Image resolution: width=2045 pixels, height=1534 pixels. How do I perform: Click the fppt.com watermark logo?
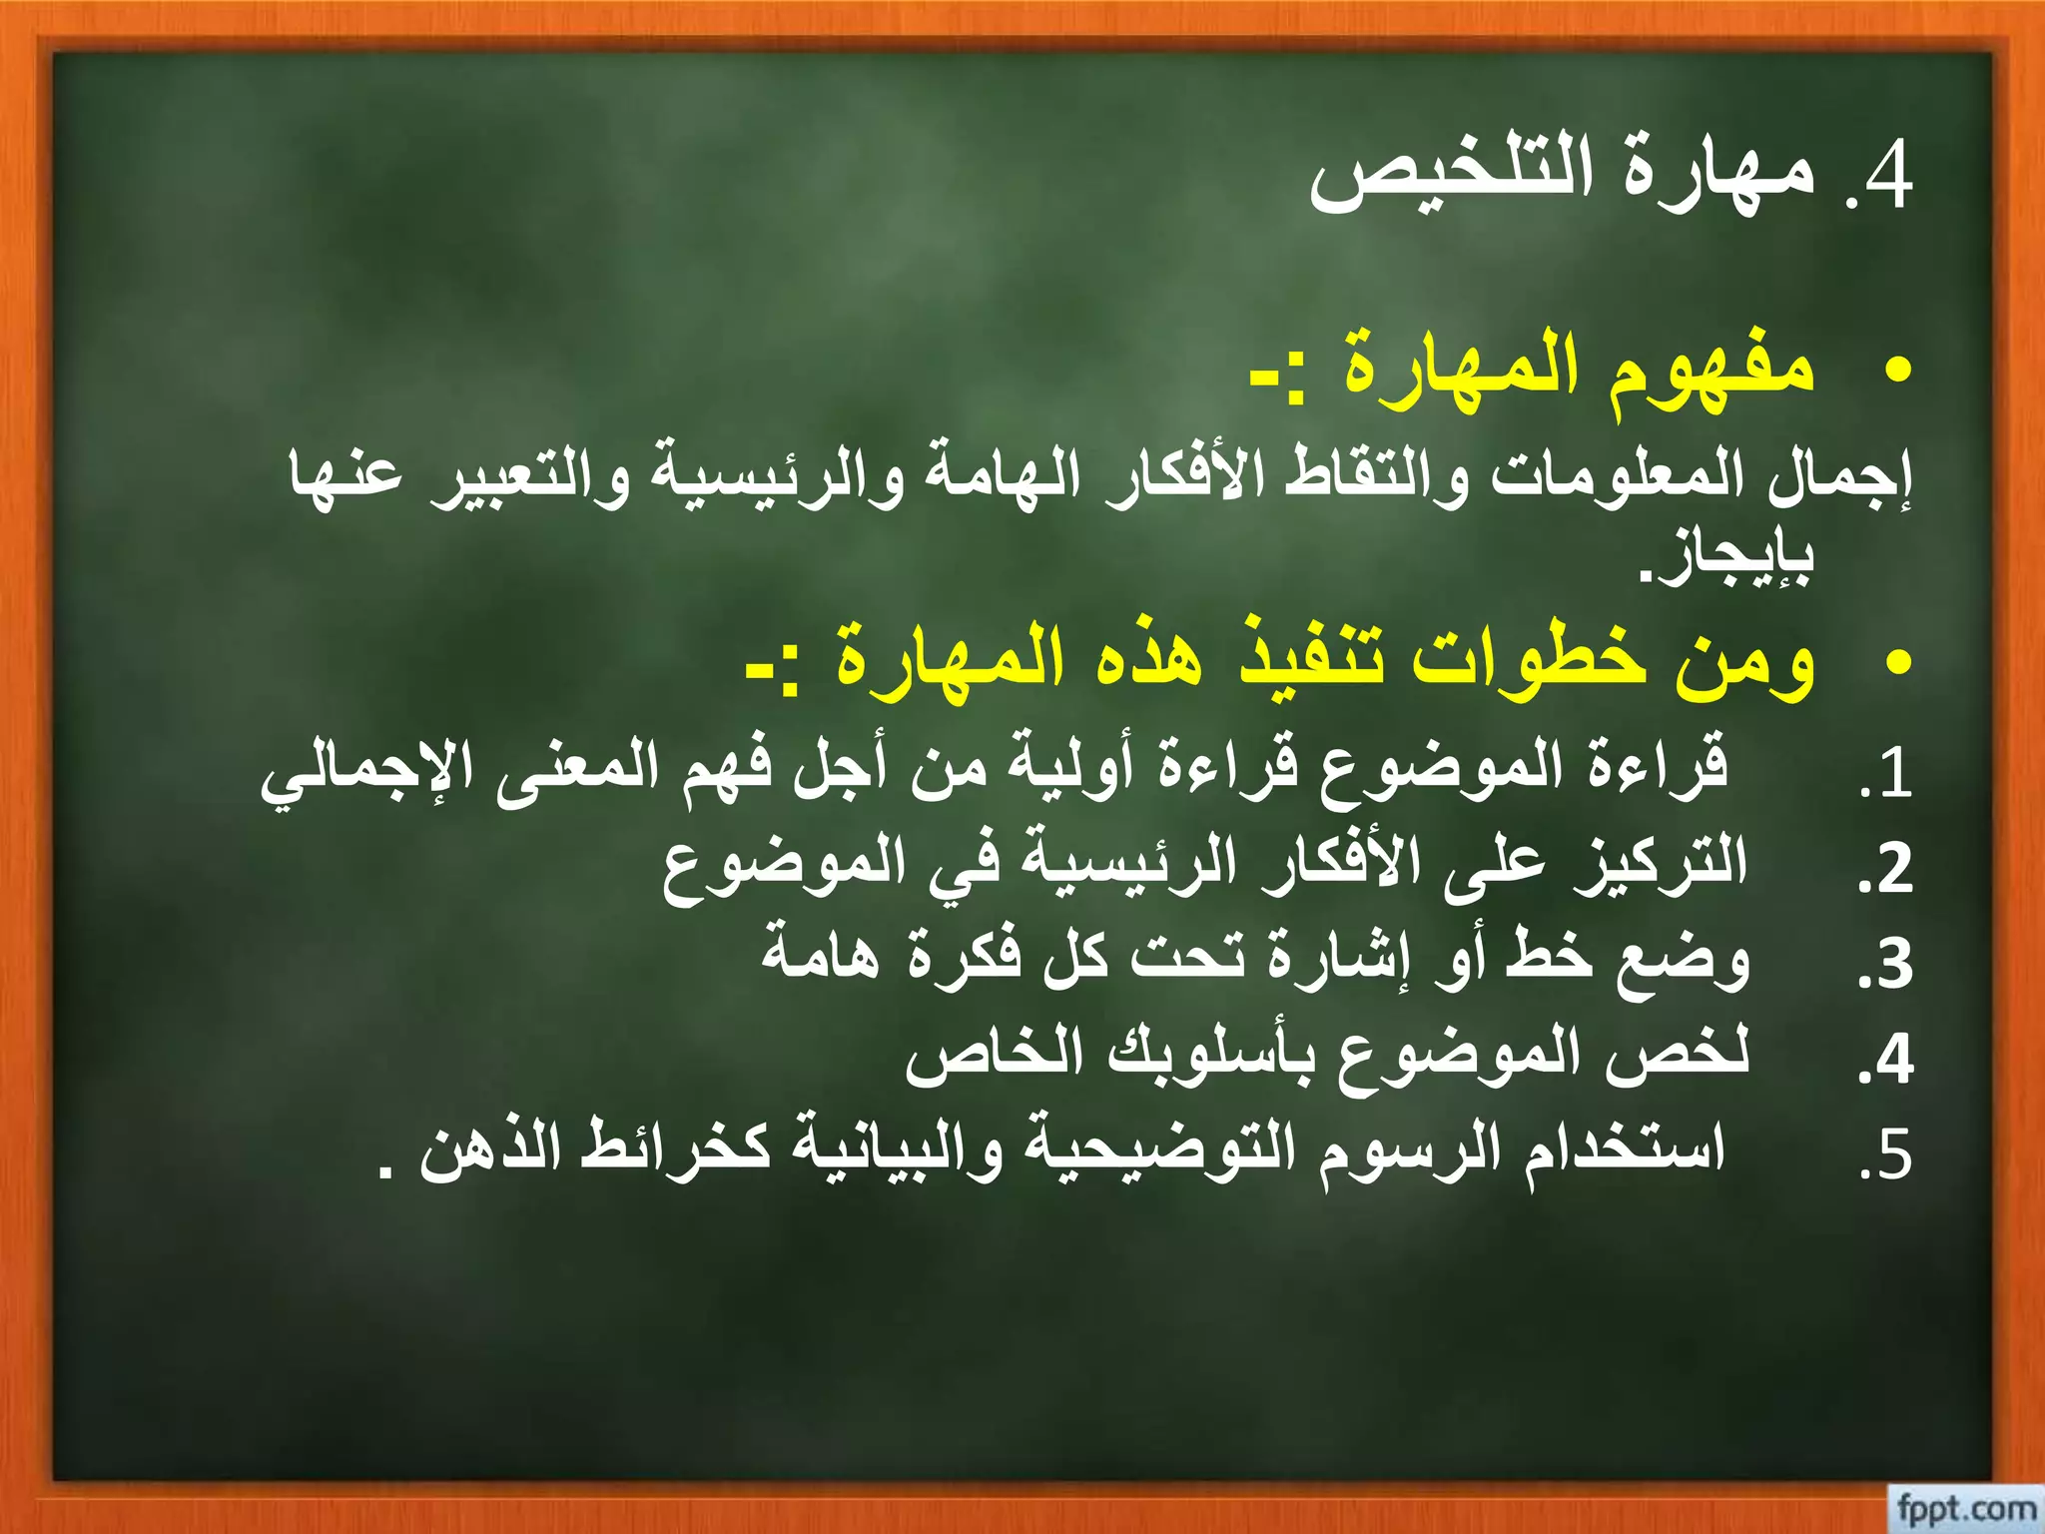(x=1965, y=1507)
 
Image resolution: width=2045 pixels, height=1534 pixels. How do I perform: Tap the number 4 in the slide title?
(x=1886, y=177)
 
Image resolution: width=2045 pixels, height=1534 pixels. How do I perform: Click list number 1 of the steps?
(x=1886, y=774)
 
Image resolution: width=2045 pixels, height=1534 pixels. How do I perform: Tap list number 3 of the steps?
(x=1886, y=965)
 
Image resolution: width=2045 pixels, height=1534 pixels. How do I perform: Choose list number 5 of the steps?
(x=1886, y=1155)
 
